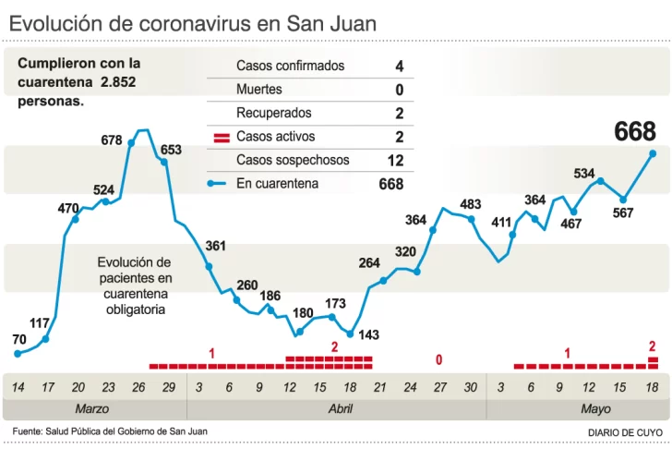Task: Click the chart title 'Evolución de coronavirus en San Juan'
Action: (x=193, y=24)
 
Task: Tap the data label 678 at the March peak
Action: (x=112, y=140)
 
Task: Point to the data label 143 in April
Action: (x=369, y=334)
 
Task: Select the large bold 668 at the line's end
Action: (x=635, y=132)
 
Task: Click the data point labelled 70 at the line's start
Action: (x=18, y=353)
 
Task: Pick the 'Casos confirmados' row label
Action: (x=290, y=67)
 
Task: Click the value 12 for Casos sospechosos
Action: (x=396, y=161)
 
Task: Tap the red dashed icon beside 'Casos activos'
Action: (x=222, y=138)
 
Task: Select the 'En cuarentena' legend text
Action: (x=277, y=184)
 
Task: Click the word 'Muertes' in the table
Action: (x=259, y=91)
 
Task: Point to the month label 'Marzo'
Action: (x=92, y=408)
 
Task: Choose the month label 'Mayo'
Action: (x=595, y=408)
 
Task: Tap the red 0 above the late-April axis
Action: (x=439, y=358)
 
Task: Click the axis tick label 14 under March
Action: (x=18, y=387)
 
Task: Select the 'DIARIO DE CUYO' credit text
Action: (x=625, y=432)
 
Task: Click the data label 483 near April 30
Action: (x=471, y=204)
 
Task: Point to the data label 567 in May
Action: (x=623, y=213)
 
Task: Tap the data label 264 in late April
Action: (x=369, y=263)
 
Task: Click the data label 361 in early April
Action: (x=215, y=247)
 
